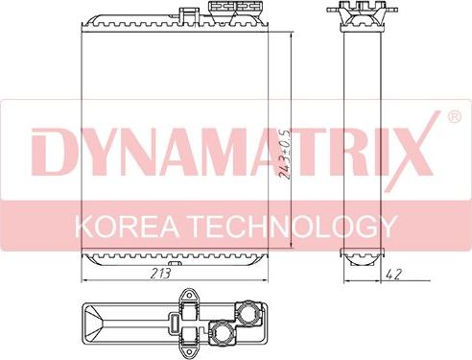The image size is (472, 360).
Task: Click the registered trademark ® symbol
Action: point(454,119)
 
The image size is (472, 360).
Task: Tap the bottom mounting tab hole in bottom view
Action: point(188,351)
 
